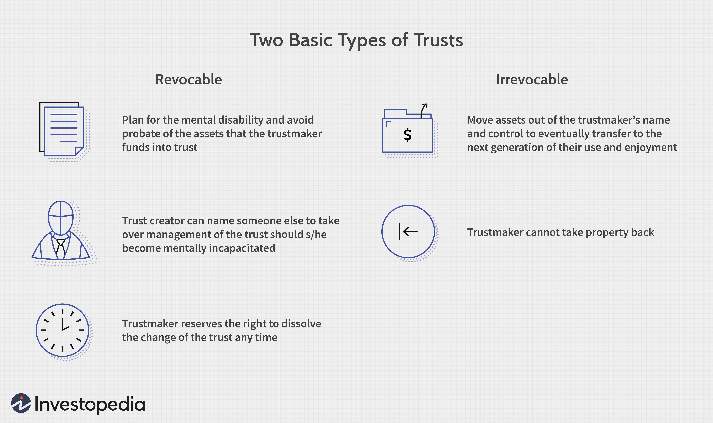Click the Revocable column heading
[188, 80]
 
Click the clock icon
[63, 330]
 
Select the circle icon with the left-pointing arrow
[408, 231]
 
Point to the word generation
[518, 148]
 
